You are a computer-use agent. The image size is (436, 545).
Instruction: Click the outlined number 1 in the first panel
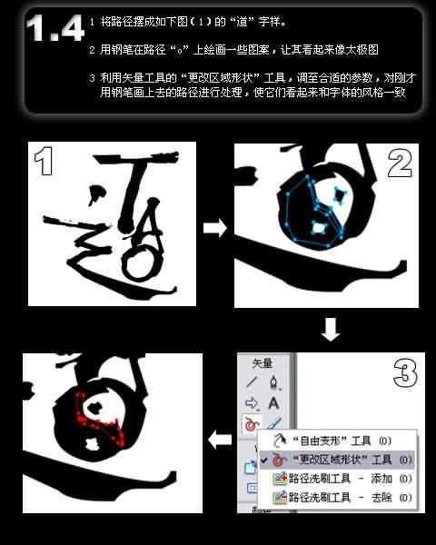point(44,165)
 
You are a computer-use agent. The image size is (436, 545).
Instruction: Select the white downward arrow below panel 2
point(331,329)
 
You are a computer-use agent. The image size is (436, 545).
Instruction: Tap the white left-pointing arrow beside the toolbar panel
point(219,441)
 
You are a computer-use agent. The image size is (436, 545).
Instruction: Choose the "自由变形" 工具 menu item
point(332,441)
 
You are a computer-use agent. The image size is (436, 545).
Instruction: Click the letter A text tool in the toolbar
point(273,402)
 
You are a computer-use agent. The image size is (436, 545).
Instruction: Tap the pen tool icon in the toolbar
point(273,382)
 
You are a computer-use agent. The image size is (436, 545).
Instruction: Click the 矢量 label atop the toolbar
point(263,362)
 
